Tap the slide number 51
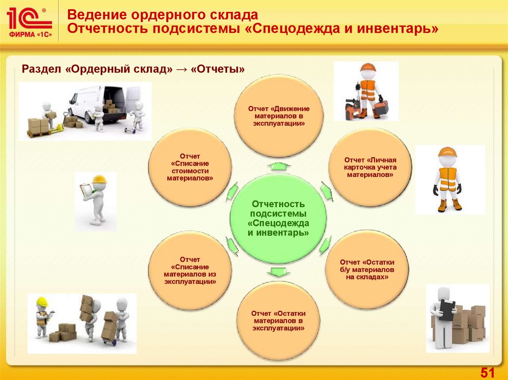pyautogui.click(x=488, y=372)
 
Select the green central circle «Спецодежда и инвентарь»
pyautogui.click(x=278, y=218)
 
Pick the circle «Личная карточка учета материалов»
pyautogui.click(x=370, y=167)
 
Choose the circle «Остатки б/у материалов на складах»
pyautogui.click(x=367, y=269)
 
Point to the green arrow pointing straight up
pyautogui.click(x=278, y=165)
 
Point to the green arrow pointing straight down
pyautogui.click(x=278, y=271)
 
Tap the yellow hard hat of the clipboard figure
pyautogui.click(x=99, y=180)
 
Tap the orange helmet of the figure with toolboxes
pyautogui.click(x=368, y=67)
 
